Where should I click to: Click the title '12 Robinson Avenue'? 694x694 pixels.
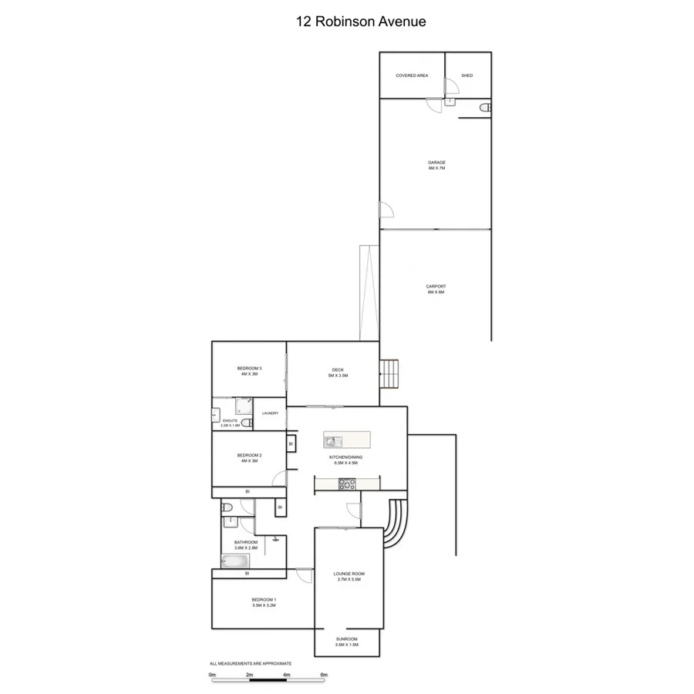tap(361, 22)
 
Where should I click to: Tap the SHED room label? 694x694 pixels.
tap(467, 76)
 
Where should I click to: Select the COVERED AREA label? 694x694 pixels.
tap(412, 76)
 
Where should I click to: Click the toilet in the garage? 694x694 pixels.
tap(484, 109)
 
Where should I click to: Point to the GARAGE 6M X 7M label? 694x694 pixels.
tap(436, 165)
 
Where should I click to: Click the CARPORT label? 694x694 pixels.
tap(436, 289)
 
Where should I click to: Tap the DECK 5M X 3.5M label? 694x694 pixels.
tap(338, 372)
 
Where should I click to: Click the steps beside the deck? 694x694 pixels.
tap(390, 375)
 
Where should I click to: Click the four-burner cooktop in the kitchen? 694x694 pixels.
tap(347, 484)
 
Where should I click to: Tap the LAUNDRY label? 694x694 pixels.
tap(270, 413)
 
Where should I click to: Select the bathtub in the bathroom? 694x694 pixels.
tap(235, 561)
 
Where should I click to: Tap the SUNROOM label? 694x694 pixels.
tap(347, 639)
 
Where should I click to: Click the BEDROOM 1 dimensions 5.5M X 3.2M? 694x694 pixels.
tap(264, 606)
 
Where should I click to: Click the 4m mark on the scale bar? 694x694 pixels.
tap(287, 675)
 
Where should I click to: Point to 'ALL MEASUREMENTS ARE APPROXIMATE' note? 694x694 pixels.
tap(251, 663)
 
